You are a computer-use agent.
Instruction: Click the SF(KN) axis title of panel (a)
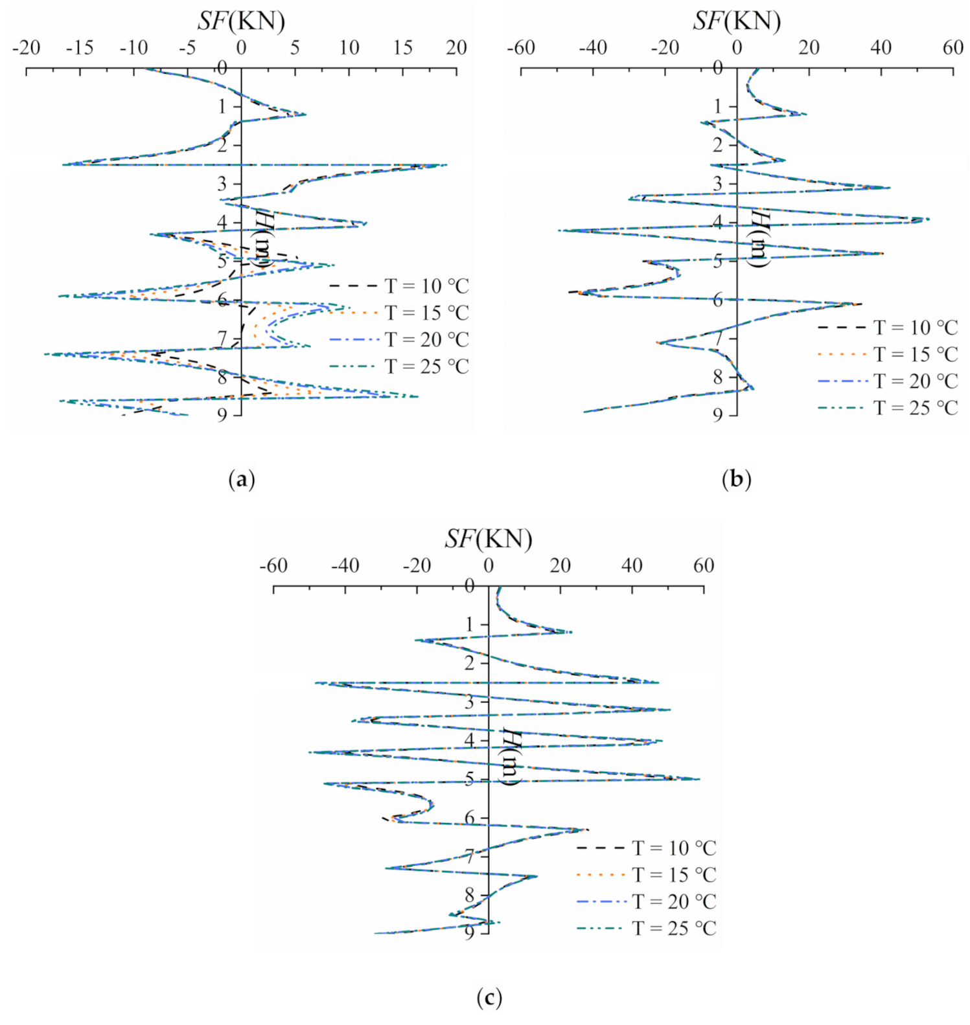click(x=241, y=21)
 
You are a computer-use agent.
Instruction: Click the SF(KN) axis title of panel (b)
click(x=737, y=21)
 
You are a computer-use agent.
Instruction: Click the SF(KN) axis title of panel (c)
click(x=489, y=539)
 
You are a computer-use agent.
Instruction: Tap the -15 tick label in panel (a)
click(x=80, y=47)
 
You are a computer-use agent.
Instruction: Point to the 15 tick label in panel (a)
click(x=402, y=47)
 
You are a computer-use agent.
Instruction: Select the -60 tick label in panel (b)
click(x=521, y=47)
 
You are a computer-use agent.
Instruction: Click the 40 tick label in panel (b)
click(x=881, y=47)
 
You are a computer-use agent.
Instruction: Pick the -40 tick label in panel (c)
click(x=345, y=565)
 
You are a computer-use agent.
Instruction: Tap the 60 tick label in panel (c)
click(x=704, y=565)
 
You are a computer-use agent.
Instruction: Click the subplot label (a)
click(x=242, y=480)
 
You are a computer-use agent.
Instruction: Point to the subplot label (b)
click(x=737, y=480)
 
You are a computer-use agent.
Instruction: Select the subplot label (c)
click(x=489, y=997)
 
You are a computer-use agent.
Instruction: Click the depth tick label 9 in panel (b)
click(x=717, y=415)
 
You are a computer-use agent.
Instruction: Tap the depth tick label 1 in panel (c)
click(x=469, y=625)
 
